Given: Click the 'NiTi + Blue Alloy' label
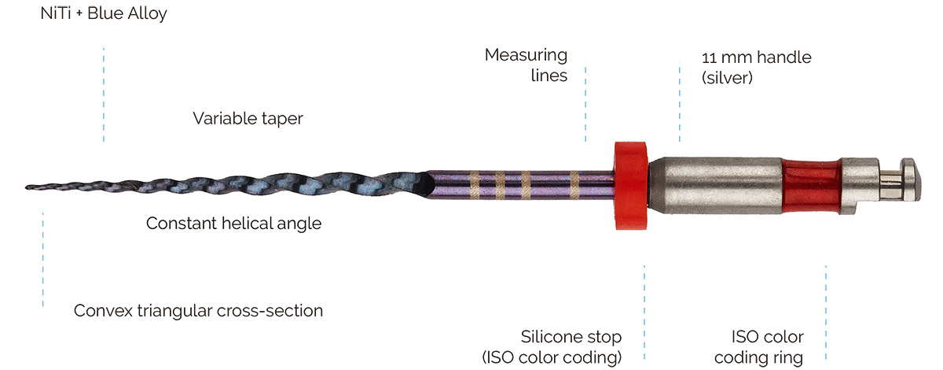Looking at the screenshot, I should [x=104, y=14].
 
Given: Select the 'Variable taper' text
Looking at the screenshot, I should [x=248, y=118].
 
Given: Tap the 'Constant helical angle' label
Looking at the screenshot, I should [x=233, y=224].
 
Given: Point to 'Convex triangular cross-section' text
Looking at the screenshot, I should [x=198, y=311].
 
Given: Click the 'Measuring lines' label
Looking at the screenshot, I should [x=526, y=65].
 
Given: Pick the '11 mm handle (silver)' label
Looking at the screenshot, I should [x=744, y=67].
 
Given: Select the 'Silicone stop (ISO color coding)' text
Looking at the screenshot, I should [x=552, y=347].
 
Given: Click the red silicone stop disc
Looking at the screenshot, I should [x=629, y=186].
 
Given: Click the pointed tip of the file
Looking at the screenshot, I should [x=28, y=187].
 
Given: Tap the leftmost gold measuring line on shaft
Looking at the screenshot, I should [x=474, y=183].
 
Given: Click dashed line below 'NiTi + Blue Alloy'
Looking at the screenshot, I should [x=103, y=94].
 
